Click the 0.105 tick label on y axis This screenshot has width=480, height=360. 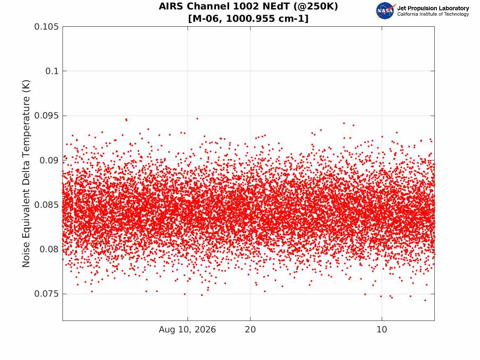click(46, 27)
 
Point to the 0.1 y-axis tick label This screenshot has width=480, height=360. click(52, 71)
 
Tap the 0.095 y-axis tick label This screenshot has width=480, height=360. click(46, 116)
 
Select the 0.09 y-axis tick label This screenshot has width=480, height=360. click(49, 160)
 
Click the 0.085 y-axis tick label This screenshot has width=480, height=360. click(46, 205)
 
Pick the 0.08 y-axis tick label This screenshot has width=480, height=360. click(49, 249)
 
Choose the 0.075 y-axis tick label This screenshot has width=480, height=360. click(46, 294)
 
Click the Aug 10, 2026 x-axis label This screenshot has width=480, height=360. click(187, 330)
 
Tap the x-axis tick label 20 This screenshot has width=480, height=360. click(250, 330)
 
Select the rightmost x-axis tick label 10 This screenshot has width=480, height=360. click(382, 330)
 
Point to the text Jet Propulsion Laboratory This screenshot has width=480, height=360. click(433, 8)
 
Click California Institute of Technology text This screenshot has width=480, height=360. click(433, 14)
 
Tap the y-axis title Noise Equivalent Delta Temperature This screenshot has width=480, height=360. click(26, 174)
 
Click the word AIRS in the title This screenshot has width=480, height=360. click(172, 6)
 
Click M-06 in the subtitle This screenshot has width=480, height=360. click(207, 19)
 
